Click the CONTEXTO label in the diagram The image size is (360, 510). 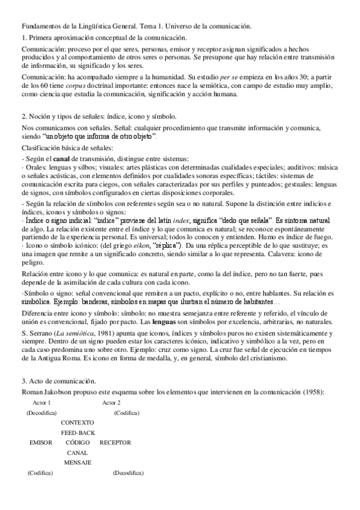pos(77,422)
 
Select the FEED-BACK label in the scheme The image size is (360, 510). pos(78,432)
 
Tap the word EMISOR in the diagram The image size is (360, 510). pos(41,442)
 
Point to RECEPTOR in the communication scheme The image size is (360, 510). pos(115,442)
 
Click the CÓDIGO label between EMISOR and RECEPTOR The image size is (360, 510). pos(78,442)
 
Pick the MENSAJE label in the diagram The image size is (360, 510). pos(78,462)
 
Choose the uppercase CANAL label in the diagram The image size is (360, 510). pos(78,452)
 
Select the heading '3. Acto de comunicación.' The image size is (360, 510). pos(58,381)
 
